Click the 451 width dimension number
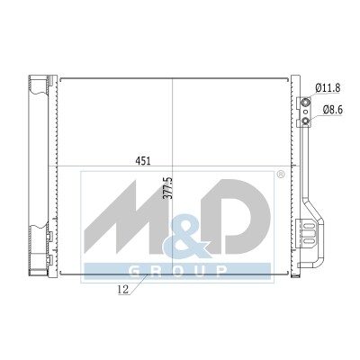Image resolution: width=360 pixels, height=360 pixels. pos(143,161)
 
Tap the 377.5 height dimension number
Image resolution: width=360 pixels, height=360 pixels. pos(168,188)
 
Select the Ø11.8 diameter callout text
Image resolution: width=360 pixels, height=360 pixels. pos(328,88)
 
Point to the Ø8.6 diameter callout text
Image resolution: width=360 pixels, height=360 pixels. pos(333,110)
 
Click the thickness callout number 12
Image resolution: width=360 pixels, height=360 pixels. pos(123,290)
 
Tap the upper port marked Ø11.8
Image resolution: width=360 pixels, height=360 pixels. pos(306,103)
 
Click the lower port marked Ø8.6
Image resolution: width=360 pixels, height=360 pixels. pos(306,121)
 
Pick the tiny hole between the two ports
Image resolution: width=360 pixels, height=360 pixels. pos(305,112)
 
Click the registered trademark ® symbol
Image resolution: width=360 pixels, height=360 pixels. pos(280,175)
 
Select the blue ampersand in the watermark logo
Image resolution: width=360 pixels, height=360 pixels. pos(186,237)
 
